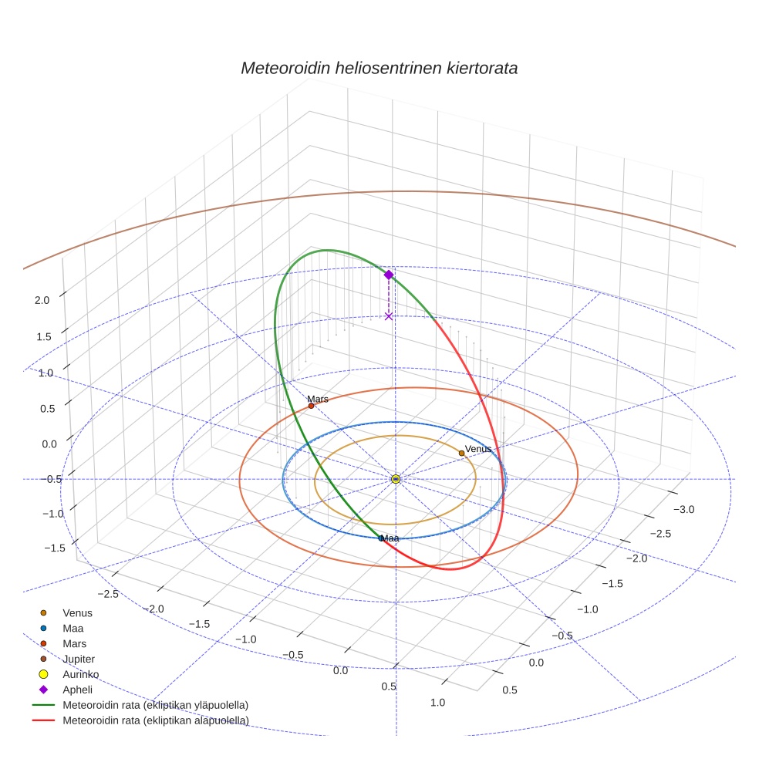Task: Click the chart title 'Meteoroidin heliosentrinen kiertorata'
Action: click(379, 68)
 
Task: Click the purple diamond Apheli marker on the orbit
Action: click(389, 275)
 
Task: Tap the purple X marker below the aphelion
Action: click(389, 316)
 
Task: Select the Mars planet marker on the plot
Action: click(311, 406)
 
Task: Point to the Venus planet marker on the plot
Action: click(461, 453)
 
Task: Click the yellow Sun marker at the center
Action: click(396, 479)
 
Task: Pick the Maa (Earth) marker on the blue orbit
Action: click(381, 538)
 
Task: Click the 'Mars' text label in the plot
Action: click(318, 399)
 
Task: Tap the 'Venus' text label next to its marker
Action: click(478, 449)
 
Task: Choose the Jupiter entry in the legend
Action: click(78, 659)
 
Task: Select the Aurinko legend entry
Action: click(80, 674)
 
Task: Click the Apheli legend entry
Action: click(77, 690)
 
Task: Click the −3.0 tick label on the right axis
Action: click(684, 509)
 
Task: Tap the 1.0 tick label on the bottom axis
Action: click(437, 702)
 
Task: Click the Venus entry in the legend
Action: click(77, 613)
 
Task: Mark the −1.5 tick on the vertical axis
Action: click(54, 548)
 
